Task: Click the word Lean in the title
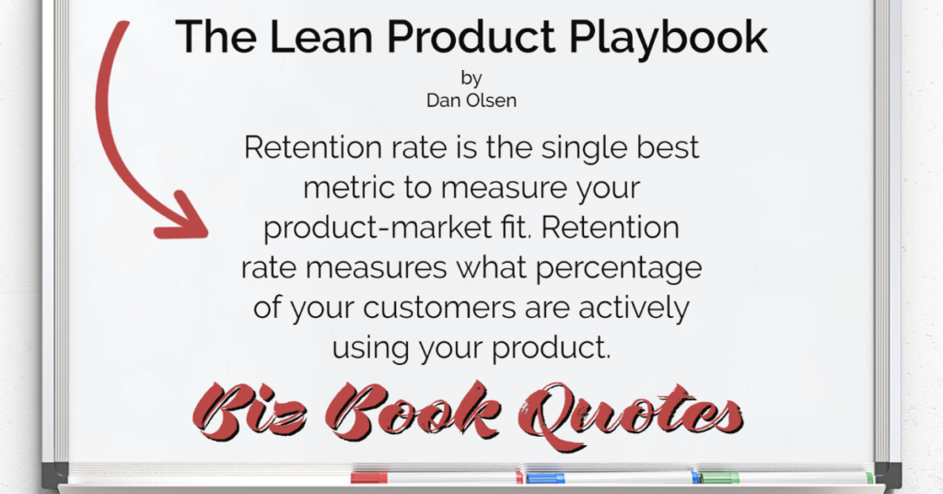[x=320, y=37]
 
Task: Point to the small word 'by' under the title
[x=471, y=78]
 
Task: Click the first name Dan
[x=443, y=100]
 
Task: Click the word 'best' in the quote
[x=668, y=147]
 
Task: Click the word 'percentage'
[x=618, y=269]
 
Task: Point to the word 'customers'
[x=440, y=308]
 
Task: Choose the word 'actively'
[x=634, y=308]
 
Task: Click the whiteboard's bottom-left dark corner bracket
[x=54, y=474]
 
